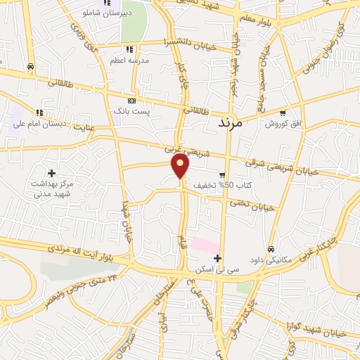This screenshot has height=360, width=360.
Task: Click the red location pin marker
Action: (181, 166)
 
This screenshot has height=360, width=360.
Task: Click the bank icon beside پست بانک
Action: (130, 101)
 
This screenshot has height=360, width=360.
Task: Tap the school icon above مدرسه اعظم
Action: (129, 49)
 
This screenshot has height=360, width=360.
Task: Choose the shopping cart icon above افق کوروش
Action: (282, 112)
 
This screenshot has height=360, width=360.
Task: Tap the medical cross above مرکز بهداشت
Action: (51, 172)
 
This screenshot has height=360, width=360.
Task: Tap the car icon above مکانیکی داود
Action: (271, 249)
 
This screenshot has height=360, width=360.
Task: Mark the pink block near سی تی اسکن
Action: (204, 246)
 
